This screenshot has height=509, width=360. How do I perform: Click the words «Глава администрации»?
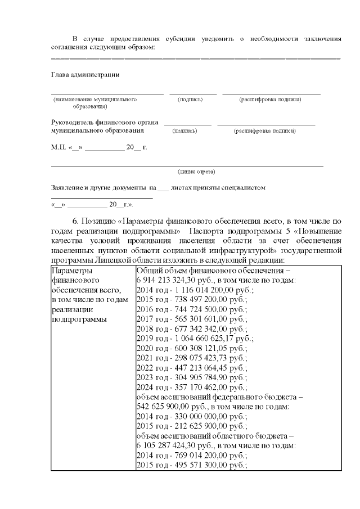click(85, 75)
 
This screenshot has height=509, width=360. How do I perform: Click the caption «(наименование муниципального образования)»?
click(95, 102)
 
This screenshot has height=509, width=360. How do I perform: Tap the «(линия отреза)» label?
click(196, 172)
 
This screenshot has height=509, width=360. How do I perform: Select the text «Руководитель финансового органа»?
click(105, 121)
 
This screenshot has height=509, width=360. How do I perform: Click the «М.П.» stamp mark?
click(58, 147)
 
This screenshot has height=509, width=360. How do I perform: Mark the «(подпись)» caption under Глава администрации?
click(190, 100)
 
